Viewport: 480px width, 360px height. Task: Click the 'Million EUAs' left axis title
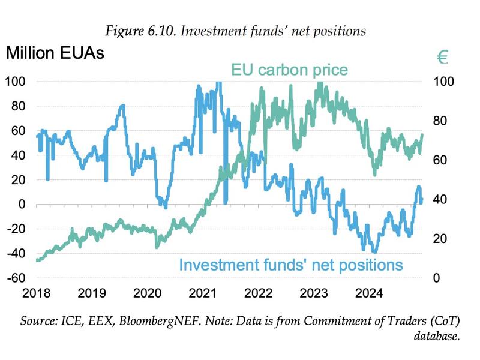tap(55, 53)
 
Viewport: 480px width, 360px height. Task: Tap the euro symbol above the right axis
tap(443, 57)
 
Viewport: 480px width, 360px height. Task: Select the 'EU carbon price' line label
tap(289, 70)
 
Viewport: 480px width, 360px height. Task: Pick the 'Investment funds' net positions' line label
tap(290, 265)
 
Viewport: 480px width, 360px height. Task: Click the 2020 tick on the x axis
tap(147, 293)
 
